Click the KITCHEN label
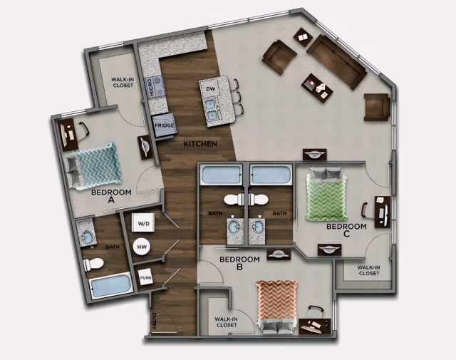199,145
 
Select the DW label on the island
210,89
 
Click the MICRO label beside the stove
151,88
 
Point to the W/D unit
143,224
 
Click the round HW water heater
142,247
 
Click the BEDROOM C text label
346,230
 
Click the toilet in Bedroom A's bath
93,264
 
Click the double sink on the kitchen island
212,109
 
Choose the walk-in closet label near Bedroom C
368,270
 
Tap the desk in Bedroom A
69,133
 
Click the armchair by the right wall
376,107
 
